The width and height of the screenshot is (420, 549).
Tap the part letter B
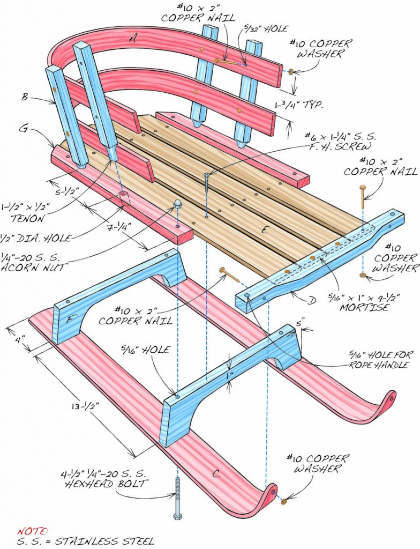(x=39, y=98)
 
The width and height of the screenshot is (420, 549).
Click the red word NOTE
(x=33, y=530)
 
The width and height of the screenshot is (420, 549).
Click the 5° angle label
(x=299, y=324)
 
